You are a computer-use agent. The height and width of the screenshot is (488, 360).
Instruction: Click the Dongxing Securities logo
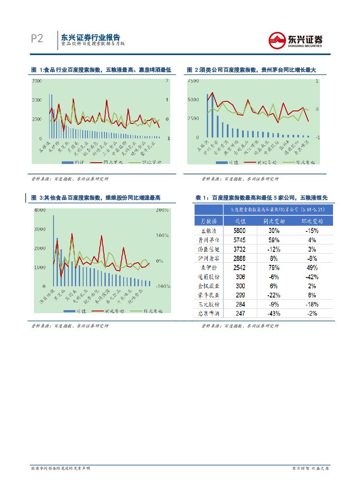coord(296,40)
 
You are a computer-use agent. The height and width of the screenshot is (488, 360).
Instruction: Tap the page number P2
coord(37,39)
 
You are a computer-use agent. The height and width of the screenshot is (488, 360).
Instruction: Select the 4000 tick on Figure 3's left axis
coord(40,210)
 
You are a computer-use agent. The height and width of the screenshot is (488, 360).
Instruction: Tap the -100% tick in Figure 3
coord(163,286)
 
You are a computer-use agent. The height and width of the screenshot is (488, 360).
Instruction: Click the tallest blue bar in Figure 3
coord(54,251)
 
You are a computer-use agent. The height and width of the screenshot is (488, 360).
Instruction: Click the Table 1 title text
coord(261,198)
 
